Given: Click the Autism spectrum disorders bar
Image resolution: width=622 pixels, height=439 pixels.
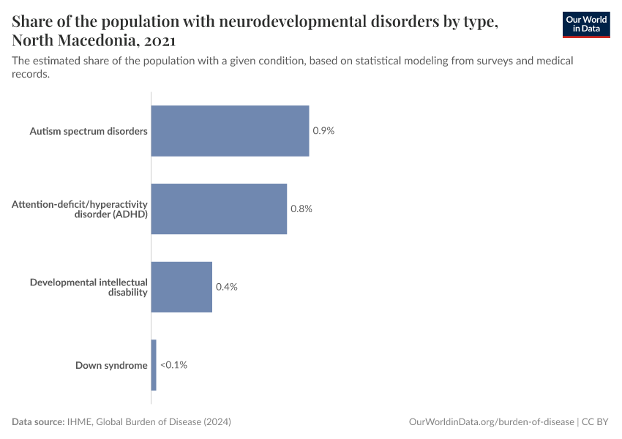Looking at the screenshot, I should [230, 131].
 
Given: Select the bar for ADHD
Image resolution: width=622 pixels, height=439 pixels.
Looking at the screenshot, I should [219, 209].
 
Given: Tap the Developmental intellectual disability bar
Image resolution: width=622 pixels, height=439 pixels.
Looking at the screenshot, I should [181, 287].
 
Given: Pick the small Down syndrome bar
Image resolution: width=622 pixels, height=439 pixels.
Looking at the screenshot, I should [154, 364].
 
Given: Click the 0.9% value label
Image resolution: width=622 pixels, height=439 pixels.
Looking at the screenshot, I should [323, 131].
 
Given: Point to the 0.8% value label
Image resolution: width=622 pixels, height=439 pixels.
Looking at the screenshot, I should [301, 209].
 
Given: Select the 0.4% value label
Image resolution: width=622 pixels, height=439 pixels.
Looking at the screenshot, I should [227, 287].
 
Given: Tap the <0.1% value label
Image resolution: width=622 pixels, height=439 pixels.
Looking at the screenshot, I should [174, 364].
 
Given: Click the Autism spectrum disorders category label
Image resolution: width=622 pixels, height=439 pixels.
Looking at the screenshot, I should [89, 132].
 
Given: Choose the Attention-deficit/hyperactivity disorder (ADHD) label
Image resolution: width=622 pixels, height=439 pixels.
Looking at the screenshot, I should [80, 209].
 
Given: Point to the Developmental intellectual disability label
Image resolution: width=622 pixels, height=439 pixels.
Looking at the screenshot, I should [89, 287].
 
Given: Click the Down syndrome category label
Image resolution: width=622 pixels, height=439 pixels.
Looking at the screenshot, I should [111, 365].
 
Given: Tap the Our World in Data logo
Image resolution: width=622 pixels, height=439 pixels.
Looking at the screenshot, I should [586, 24].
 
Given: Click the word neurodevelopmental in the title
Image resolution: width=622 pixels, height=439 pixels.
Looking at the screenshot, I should [285, 22].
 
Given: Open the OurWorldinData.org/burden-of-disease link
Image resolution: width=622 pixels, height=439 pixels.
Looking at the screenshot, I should [491, 422].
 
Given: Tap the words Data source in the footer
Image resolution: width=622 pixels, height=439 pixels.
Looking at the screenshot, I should [37, 422].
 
